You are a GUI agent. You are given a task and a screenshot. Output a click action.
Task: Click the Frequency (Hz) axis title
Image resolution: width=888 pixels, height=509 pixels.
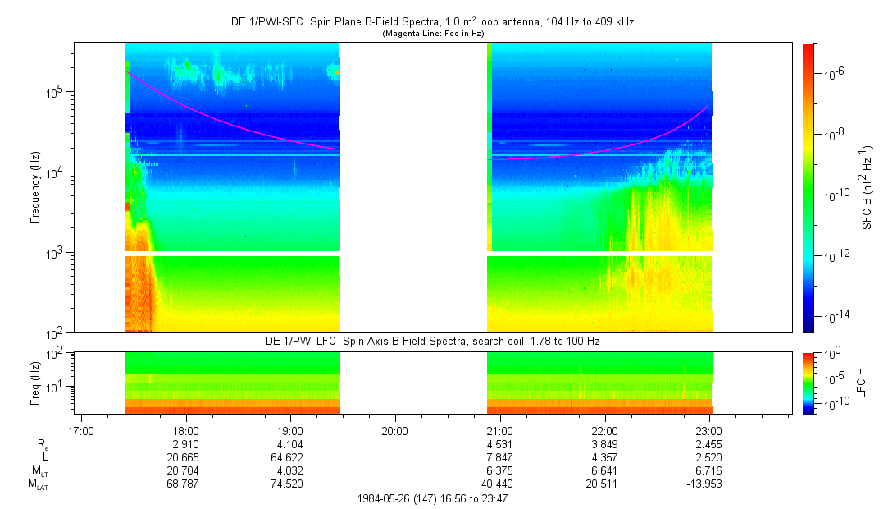[x=35, y=188]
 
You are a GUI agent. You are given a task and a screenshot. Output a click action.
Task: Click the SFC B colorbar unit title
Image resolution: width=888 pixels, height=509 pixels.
[x=867, y=188]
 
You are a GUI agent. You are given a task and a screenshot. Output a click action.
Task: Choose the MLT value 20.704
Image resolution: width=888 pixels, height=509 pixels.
[x=186, y=470]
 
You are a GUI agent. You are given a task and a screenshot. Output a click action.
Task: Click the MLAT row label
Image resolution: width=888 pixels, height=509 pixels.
[x=38, y=484]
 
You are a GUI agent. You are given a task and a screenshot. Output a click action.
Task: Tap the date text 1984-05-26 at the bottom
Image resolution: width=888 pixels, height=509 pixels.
[x=385, y=498]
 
